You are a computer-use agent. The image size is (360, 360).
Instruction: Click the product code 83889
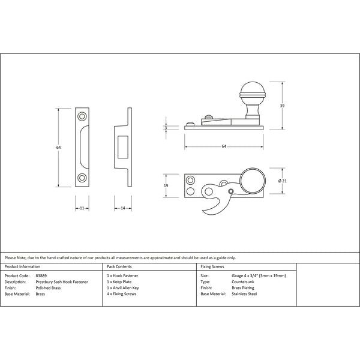coord(42,275)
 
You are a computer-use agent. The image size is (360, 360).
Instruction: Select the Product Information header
coord(22,266)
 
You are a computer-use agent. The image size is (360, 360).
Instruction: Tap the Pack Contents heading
coord(119,266)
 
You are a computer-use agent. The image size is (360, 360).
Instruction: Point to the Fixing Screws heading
coord(213,266)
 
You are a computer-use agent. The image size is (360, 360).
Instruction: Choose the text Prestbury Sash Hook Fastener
coord(62,281)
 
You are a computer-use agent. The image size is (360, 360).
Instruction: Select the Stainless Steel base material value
coord(244,294)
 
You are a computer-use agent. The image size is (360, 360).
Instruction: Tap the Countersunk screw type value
coord(242,281)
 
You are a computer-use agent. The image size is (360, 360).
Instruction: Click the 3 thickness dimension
coord(166,127)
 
